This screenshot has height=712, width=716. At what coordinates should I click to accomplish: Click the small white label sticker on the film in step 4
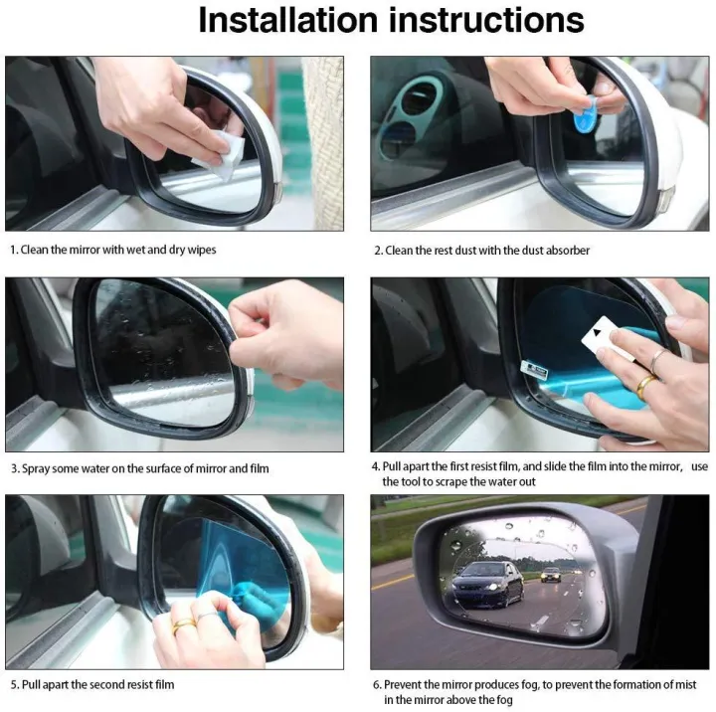[534, 368]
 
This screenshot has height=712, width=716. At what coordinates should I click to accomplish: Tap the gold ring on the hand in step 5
[185, 626]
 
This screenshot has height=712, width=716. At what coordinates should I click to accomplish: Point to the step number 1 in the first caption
[12, 251]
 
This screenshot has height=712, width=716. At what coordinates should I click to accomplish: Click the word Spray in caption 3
[36, 467]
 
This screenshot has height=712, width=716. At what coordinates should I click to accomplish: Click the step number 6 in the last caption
[377, 684]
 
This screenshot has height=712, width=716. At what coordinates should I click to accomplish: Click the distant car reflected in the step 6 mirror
[551, 575]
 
